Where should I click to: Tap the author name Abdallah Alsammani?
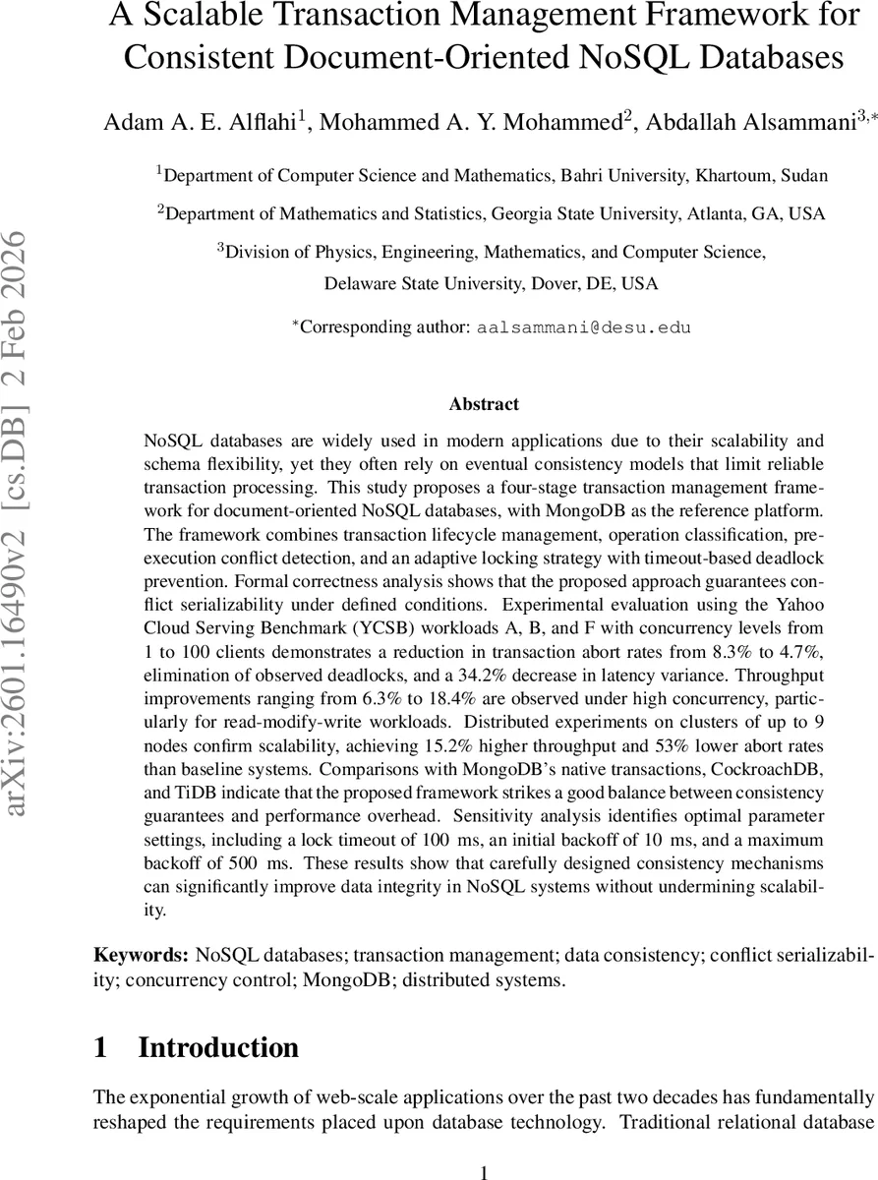(x=747, y=123)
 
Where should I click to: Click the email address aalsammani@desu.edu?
(x=584, y=327)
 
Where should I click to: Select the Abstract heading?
(x=484, y=403)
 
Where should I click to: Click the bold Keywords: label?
(x=141, y=955)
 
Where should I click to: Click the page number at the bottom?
(x=484, y=1170)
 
